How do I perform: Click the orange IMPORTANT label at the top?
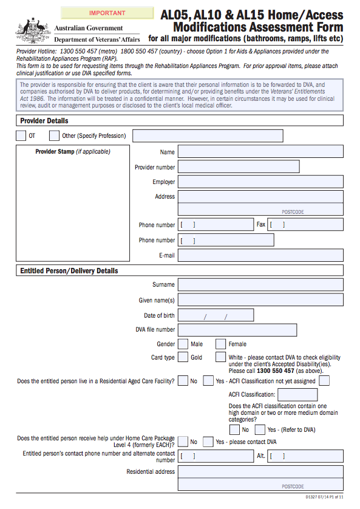[x=107, y=13]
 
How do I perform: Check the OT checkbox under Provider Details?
[x=21, y=135]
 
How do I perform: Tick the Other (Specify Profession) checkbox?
[x=55, y=135]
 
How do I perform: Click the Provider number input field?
[x=239, y=166]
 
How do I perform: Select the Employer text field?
[x=260, y=182]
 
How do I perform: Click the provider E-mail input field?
[x=260, y=255]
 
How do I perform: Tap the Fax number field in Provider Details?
[x=305, y=224]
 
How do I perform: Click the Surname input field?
[x=260, y=284]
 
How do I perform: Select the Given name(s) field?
[x=260, y=300]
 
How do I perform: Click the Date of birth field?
[x=215, y=315]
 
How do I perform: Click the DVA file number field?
[x=237, y=330]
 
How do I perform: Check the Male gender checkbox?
[x=183, y=344]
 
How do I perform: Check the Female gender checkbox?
[x=221, y=344]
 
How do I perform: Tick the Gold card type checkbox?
[x=183, y=357]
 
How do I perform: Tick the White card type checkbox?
[x=221, y=357]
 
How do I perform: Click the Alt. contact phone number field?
[x=305, y=456]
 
